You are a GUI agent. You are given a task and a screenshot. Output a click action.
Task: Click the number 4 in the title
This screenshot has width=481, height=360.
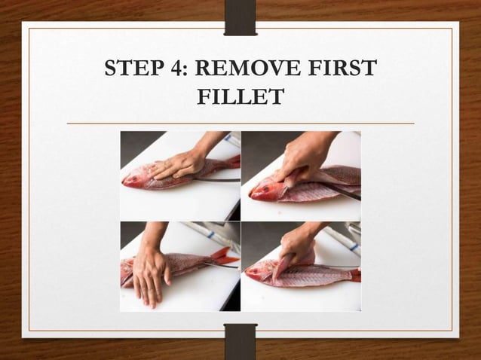coord(177,69)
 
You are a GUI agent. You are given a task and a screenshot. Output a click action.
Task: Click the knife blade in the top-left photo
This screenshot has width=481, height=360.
coord(215,180)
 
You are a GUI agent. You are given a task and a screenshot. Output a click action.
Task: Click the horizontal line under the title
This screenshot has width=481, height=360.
coord(240,123)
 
